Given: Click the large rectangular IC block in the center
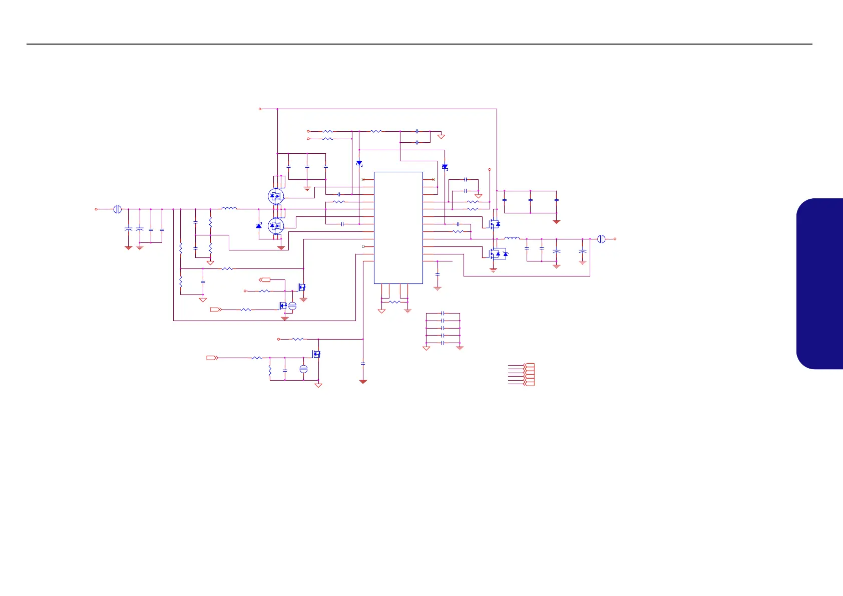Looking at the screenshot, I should [398, 227].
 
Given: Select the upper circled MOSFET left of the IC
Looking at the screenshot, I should [276, 196].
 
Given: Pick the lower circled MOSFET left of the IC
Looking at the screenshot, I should [276, 226].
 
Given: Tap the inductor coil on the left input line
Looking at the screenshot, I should [229, 208].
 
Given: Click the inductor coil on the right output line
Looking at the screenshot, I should [512, 238].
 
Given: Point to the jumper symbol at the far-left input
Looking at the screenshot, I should [117, 209].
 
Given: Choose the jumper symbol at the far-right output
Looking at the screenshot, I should [601, 239].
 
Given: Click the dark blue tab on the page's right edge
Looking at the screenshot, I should [821, 283].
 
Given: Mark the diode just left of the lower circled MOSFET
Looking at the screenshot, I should [259, 226].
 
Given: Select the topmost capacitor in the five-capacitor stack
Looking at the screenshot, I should [443, 313].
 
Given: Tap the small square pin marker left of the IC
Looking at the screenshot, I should [363, 246].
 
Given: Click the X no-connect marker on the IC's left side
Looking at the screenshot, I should [363, 179].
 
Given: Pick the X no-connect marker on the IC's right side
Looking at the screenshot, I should [433, 179].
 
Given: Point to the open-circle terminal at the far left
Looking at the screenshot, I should [96, 209].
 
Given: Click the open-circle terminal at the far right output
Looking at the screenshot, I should [615, 239].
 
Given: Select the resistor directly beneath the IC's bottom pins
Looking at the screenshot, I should [394, 302].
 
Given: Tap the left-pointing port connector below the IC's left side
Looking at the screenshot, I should [265, 279].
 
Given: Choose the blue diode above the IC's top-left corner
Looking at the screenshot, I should [359, 163].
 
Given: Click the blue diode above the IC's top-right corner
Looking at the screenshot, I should [445, 167].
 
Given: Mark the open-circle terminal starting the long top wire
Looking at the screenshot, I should [260, 109].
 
